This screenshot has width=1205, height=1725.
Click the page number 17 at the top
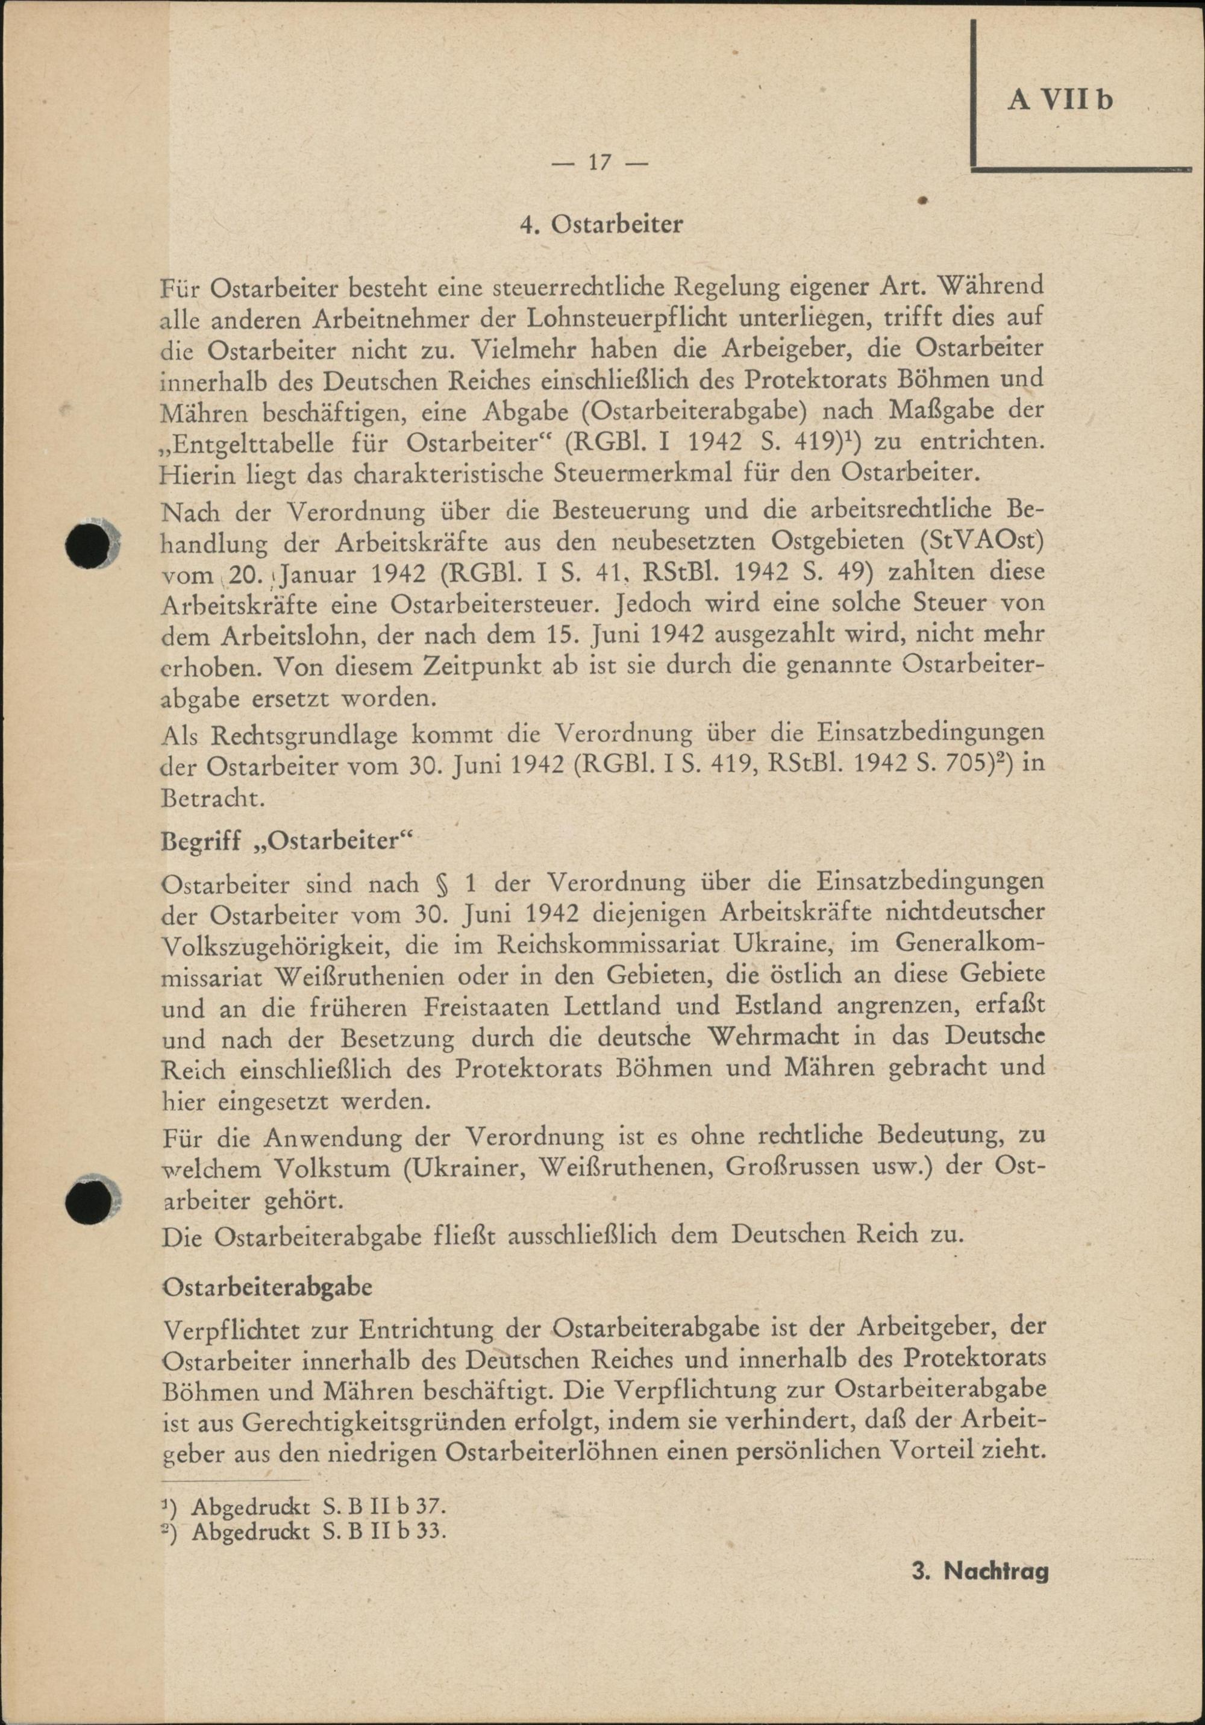[599, 162]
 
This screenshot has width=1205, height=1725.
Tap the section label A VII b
[1060, 101]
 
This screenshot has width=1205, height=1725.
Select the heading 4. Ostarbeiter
[602, 225]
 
